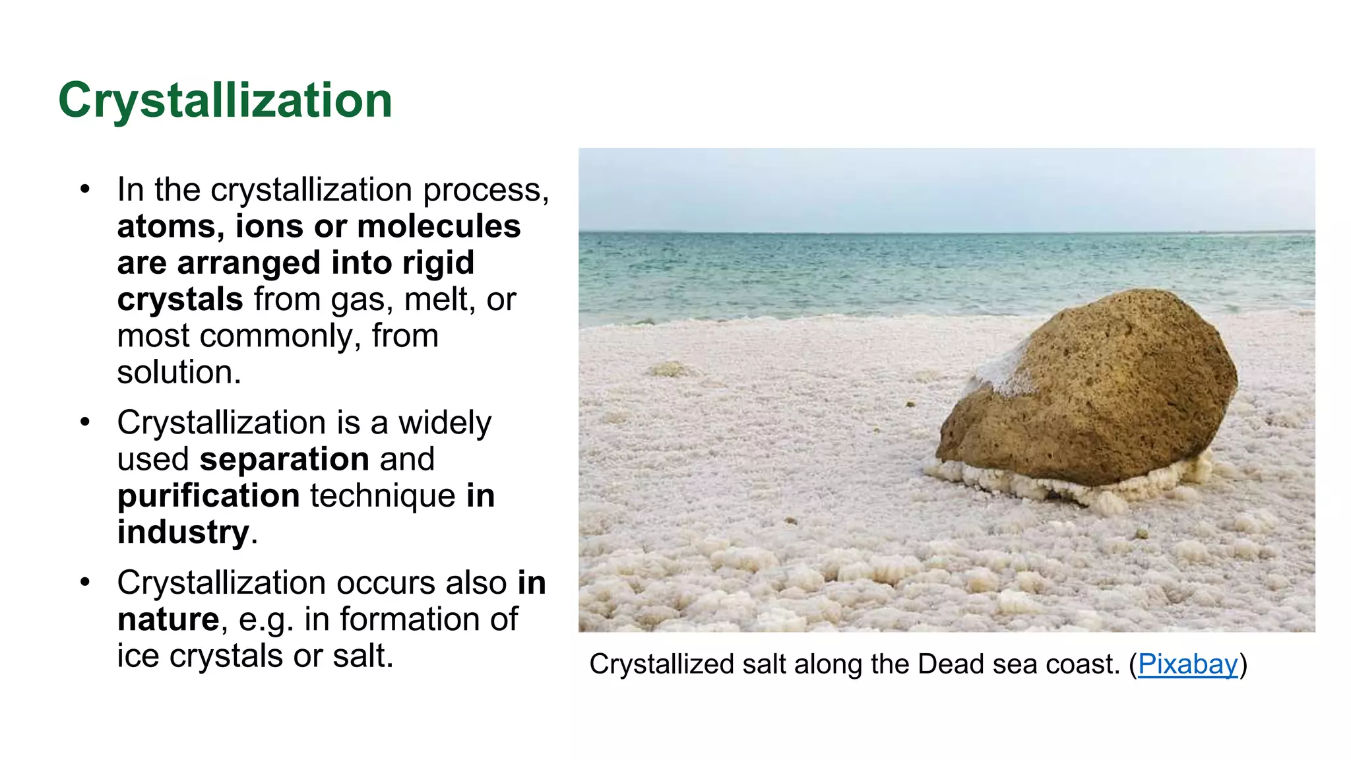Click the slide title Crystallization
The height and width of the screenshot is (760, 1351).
click(x=225, y=100)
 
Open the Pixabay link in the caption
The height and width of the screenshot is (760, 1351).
click(x=1187, y=664)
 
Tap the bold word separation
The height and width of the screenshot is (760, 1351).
click(x=284, y=459)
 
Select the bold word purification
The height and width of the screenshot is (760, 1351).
click(x=208, y=495)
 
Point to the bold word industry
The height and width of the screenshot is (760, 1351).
click(x=183, y=532)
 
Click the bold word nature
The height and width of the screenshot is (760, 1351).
click(x=168, y=619)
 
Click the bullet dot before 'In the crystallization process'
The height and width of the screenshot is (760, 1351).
click(x=84, y=189)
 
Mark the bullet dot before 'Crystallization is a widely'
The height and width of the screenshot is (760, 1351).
click(x=84, y=422)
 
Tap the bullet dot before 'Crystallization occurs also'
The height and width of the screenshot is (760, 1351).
click(x=84, y=583)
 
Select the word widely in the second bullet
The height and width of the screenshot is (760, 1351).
click(x=445, y=423)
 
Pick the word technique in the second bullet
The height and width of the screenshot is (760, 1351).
click(x=383, y=495)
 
